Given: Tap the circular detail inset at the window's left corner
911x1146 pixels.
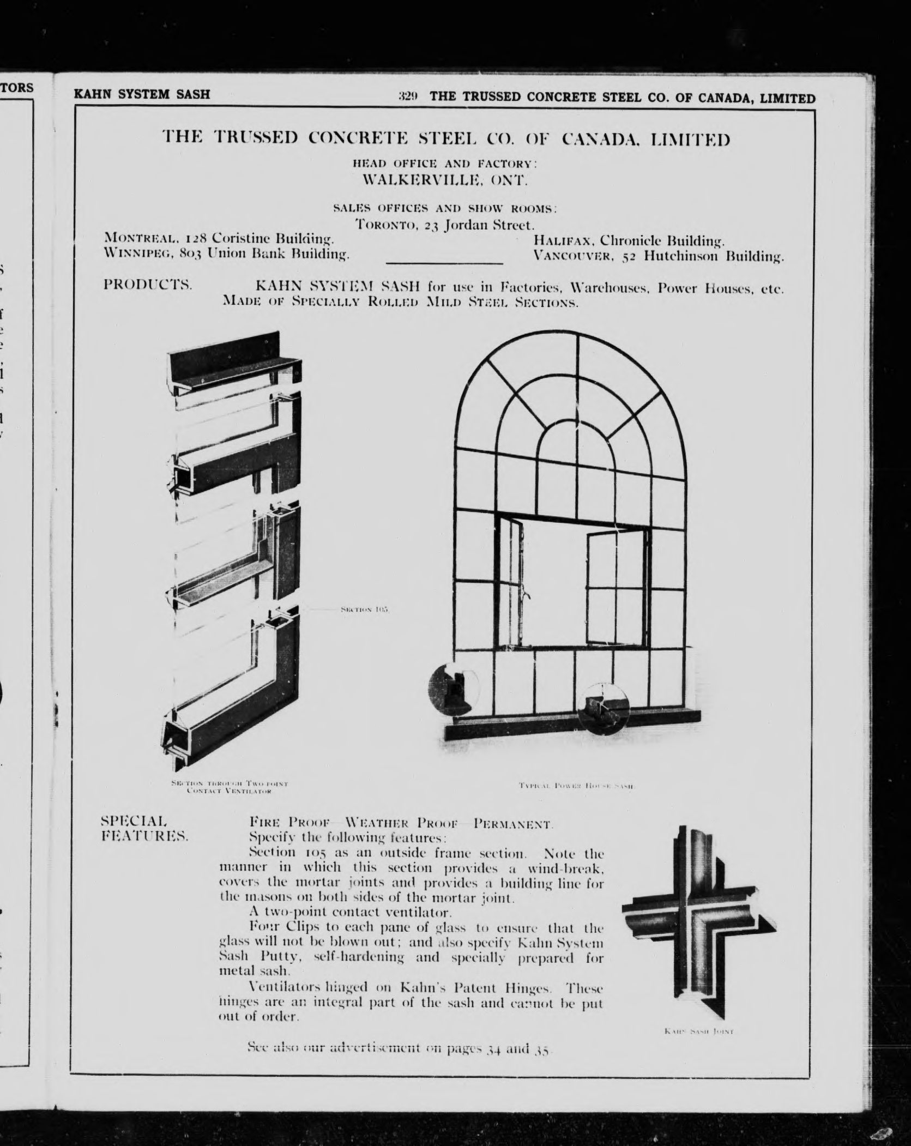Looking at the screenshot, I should coord(453,688).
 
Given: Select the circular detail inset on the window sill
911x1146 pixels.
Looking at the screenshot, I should coord(603,707).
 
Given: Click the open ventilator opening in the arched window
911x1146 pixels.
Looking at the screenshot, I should coord(554,581).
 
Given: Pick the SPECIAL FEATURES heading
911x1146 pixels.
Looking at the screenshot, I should coord(144,843).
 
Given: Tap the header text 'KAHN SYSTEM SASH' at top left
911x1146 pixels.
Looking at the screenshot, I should coord(142,94).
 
